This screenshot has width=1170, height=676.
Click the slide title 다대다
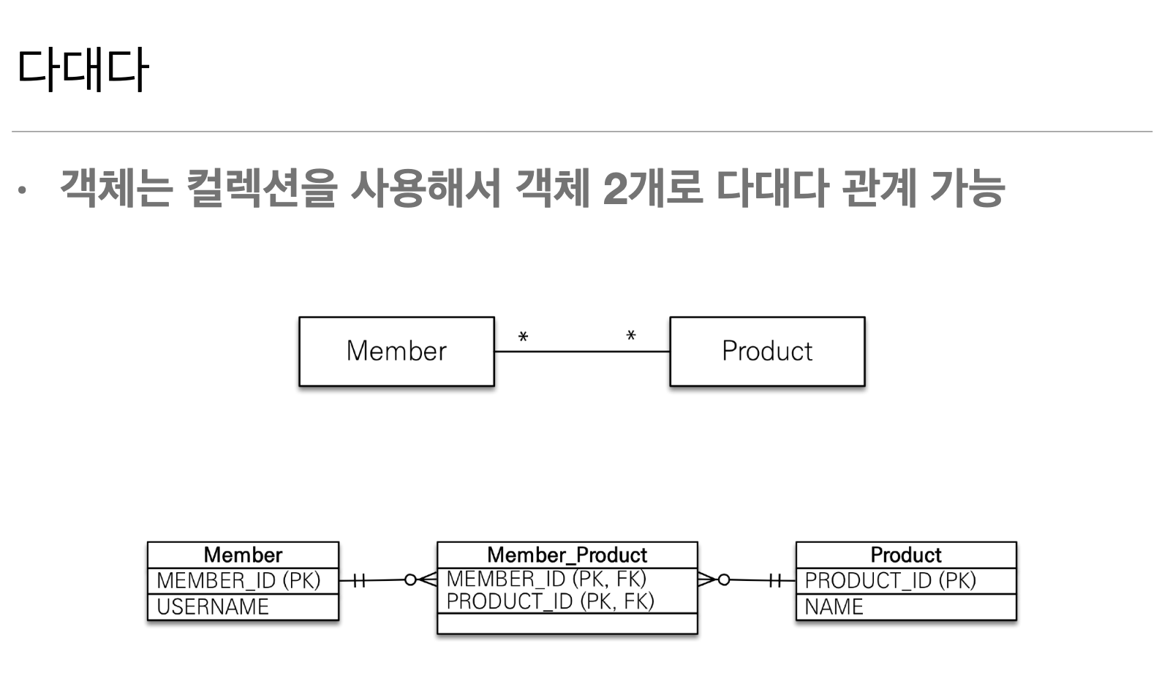[x=82, y=70]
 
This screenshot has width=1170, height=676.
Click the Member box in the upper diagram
[x=396, y=351]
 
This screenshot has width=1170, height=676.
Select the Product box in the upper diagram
[x=767, y=351]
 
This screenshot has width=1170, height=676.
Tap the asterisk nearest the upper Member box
[x=523, y=337]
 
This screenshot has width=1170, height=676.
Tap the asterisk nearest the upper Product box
[x=631, y=337]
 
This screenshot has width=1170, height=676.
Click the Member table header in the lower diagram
[x=243, y=555]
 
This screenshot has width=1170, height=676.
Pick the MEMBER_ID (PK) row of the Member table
[x=238, y=581]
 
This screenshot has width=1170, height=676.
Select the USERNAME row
[x=213, y=606]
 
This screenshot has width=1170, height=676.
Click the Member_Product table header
[x=567, y=555]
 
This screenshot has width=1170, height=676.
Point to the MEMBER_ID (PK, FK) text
[x=546, y=579]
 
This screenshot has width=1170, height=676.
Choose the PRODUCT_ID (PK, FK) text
[x=550, y=601]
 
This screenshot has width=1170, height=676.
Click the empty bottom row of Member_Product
[x=567, y=623]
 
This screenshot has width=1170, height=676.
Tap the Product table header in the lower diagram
[x=905, y=555]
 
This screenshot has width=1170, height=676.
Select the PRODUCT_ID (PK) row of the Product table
[x=890, y=581]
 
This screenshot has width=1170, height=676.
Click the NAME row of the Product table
[x=834, y=606]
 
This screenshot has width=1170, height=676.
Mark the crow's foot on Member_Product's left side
[x=428, y=579]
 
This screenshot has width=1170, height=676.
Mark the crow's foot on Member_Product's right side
[x=706, y=579]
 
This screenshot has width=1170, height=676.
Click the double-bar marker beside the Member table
[x=358, y=581]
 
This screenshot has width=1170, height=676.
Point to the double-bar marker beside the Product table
[x=775, y=581]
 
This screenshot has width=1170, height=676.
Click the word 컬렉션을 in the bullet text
[x=260, y=188]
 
